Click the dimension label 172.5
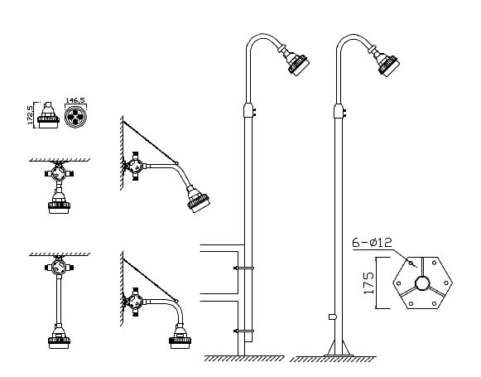[30, 115]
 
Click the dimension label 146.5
[75, 100]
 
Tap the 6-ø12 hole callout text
[372, 243]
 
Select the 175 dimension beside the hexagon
[369, 283]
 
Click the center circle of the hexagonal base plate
[421, 283]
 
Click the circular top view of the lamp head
[76, 117]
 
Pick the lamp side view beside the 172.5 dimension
[48, 115]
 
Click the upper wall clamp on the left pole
[244, 268]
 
